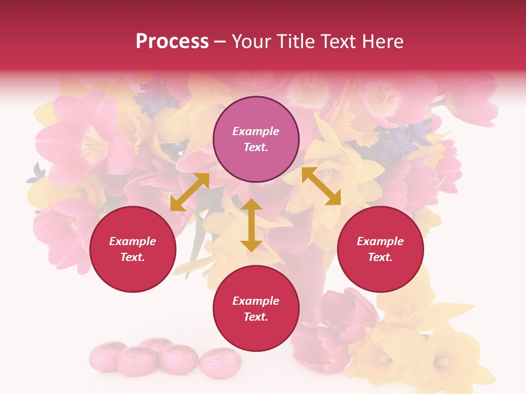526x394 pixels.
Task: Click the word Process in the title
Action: [172, 42]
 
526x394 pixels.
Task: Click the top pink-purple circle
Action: [256, 140]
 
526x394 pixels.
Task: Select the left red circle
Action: [133, 249]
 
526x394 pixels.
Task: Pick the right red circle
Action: [380, 249]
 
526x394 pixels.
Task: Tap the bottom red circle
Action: [256, 309]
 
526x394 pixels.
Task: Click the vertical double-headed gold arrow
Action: [251, 225]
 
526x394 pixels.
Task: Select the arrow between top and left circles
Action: [190, 192]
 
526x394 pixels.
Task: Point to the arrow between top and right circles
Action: [321, 186]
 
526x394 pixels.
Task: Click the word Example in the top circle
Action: [256, 131]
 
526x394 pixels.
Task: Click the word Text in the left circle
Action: [133, 257]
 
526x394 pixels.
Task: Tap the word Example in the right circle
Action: [380, 241]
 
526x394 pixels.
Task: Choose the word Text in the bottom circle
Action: [256, 317]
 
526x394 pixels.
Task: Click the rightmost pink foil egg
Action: [220, 363]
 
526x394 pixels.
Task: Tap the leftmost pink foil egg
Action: [107, 357]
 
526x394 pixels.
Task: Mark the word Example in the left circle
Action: [133, 241]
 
